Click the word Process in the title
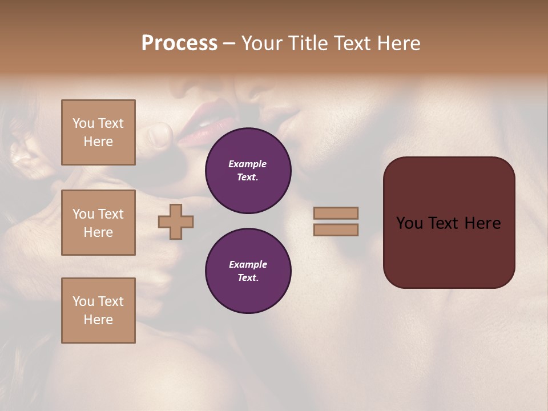(x=179, y=43)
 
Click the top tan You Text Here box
(x=98, y=132)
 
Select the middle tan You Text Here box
(x=98, y=223)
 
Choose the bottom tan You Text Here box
(x=98, y=311)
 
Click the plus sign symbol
(x=176, y=222)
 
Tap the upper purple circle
(x=248, y=171)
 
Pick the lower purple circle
(x=248, y=271)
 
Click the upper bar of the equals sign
(x=336, y=213)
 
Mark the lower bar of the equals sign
(x=336, y=230)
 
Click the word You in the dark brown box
(x=409, y=223)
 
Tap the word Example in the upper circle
(x=248, y=164)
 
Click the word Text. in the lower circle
(x=248, y=277)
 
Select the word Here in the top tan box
(x=98, y=142)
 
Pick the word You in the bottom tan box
(x=83, y=301)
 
